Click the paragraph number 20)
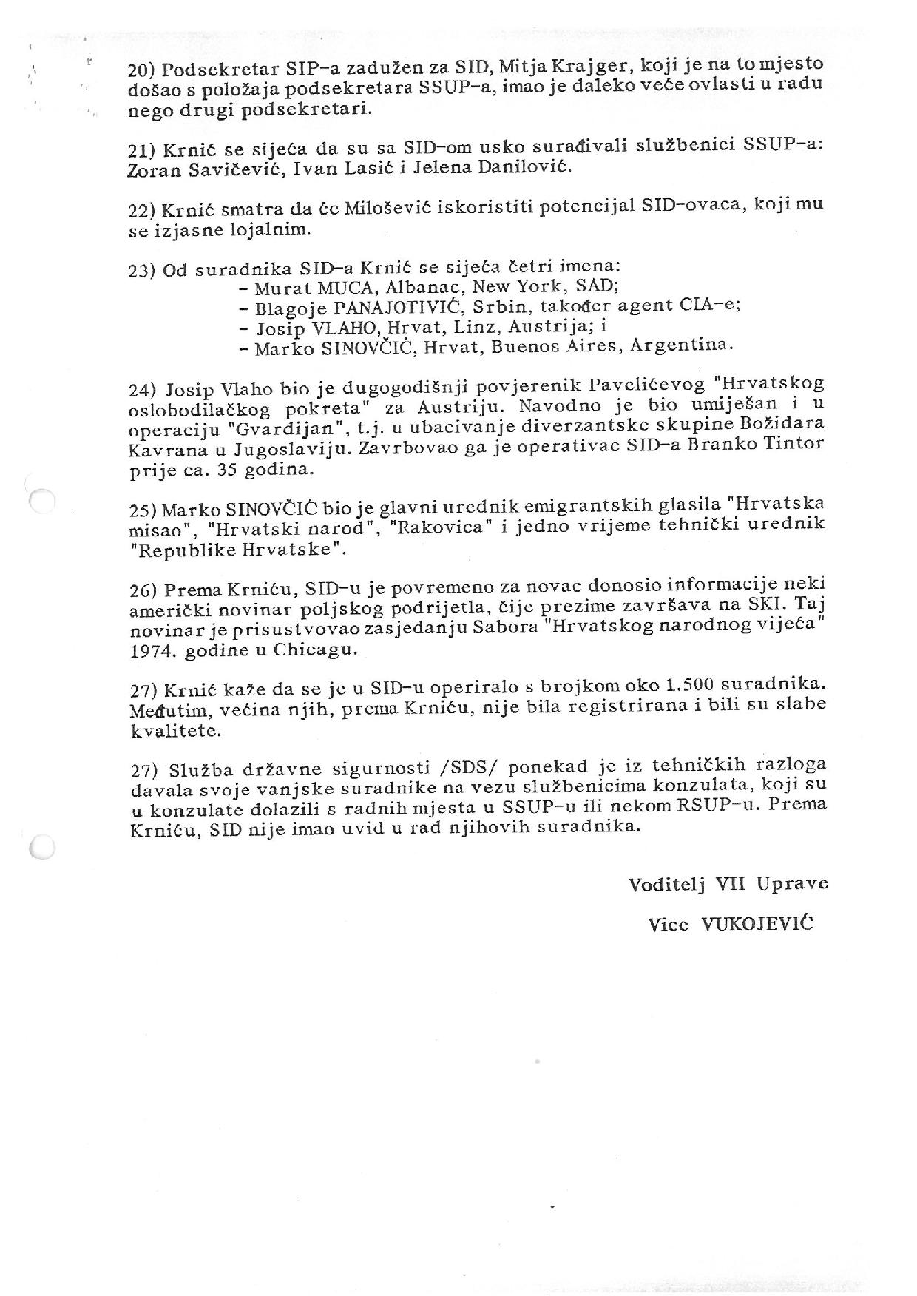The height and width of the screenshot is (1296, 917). tap(142, 70)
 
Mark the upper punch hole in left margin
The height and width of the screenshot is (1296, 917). tap(42, 500)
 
